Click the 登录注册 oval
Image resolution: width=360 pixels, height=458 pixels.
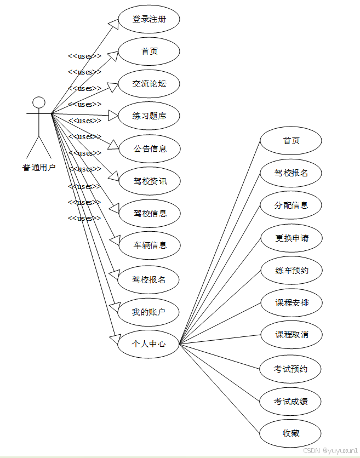tap(149, 19)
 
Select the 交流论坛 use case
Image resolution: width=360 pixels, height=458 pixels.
tap(149, 84)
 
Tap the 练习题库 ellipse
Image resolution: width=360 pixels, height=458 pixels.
tap(149, 116)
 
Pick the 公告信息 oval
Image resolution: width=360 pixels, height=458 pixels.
tap(150, 148)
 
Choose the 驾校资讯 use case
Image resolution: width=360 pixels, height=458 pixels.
tap(150, 181)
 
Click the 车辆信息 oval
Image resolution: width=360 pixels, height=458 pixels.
tap(150, 245)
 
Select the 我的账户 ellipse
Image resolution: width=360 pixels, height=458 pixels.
tap(148, 312)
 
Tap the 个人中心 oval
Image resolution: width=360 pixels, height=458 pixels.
tap(148, 344)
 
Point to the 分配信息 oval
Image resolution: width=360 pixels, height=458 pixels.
tap(291, 205)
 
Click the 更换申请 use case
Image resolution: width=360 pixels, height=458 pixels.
tap(291, 238)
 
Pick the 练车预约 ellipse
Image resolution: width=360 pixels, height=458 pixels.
tap(291, 271)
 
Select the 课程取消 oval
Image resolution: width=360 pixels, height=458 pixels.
tap(291, 334)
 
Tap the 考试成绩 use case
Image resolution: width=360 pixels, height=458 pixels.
tap(291, 402)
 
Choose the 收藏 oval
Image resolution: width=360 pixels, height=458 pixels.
tap(291, 433)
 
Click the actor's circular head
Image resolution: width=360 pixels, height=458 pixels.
tap(38, 102)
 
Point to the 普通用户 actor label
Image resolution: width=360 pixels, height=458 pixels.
tap(39, 168)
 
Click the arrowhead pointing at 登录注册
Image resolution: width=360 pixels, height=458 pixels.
tap(114, 22)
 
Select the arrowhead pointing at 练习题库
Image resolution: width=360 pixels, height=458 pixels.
tap(113, 116)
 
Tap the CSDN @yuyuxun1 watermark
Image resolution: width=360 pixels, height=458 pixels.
tap(330, 450)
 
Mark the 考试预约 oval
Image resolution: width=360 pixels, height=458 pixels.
tap(291, 369)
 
